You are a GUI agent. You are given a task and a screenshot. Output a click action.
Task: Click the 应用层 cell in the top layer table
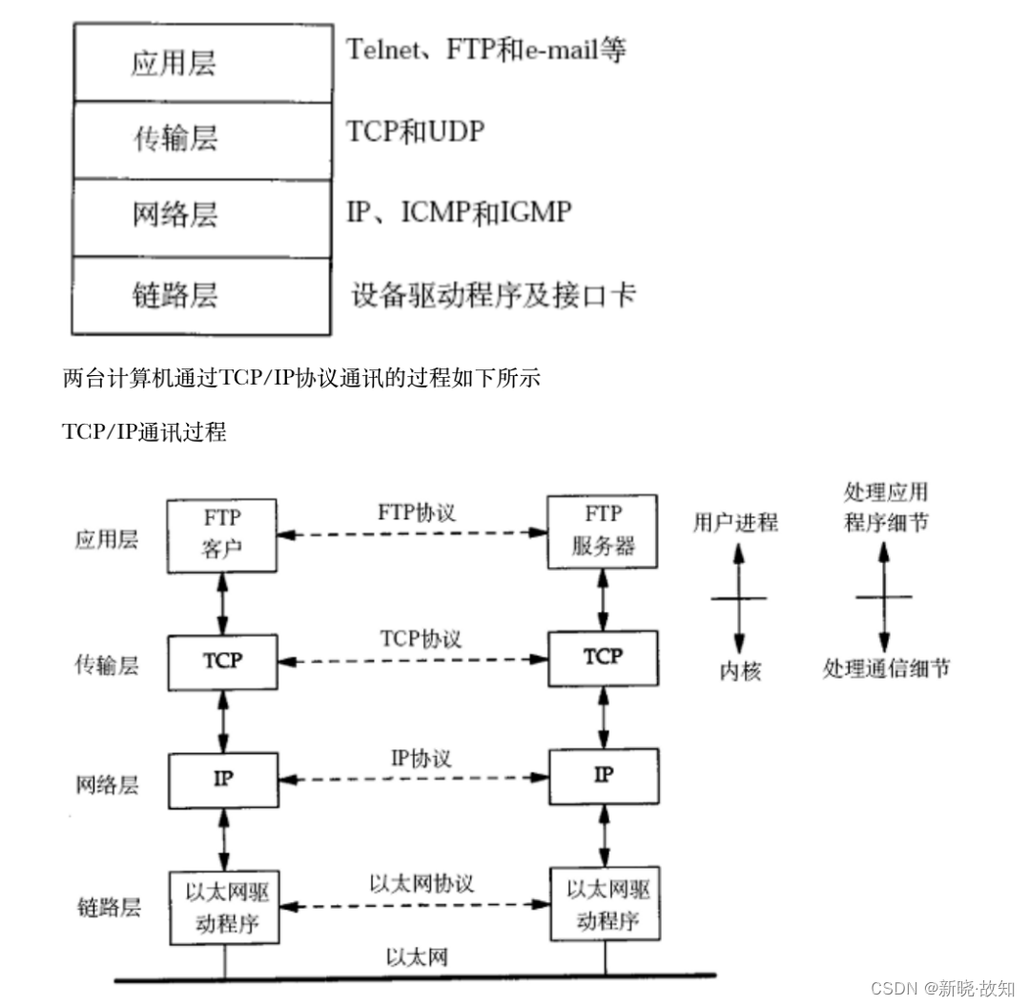coord(201,63)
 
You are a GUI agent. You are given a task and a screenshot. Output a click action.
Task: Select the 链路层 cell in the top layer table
coord(201,295)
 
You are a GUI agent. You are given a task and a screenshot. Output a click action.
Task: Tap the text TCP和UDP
coord(415,131)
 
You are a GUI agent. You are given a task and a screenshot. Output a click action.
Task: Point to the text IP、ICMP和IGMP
coord(459,211)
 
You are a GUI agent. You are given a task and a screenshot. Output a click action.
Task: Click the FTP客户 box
coord(221,533)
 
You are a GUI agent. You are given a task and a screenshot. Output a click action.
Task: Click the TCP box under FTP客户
coord(221,660)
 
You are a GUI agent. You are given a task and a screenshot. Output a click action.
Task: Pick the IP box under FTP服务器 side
coord(603,775)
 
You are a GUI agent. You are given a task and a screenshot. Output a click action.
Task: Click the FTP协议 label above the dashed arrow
coord(416,512)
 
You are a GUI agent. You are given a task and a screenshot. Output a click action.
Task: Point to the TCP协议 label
coord(420,638)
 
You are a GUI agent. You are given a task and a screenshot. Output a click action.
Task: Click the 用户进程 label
coord(735,522)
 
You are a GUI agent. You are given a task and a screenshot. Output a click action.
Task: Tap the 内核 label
coord(740,671)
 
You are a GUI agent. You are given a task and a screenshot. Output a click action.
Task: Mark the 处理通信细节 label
coord(886,668)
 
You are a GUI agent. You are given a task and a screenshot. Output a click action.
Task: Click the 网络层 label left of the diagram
coord(106,785)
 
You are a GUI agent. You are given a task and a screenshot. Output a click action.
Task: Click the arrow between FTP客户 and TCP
coord(221,602)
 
